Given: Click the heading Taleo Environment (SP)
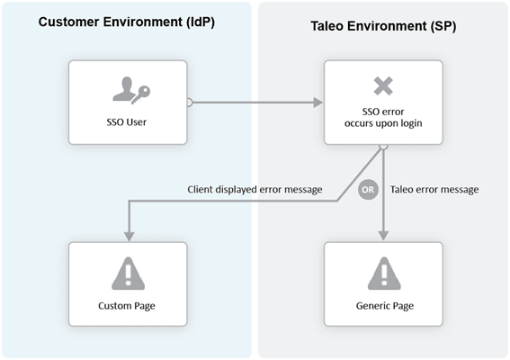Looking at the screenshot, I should click(383, 25).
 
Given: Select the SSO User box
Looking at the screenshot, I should click(129, 102).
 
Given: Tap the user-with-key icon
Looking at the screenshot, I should click(129, 88).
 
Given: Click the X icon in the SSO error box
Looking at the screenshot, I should click(383, 86).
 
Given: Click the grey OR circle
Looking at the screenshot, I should click(367, 191).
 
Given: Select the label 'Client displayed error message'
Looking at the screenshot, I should click(255, 190).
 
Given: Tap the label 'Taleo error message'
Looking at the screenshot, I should click(434, 190).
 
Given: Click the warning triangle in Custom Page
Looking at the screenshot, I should click(129, 271).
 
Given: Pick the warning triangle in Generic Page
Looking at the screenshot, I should click(383, 271).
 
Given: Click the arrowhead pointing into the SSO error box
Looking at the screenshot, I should click(318, 103).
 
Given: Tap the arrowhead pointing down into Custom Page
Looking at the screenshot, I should click(129, 235).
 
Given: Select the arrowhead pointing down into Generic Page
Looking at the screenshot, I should click(383, 235).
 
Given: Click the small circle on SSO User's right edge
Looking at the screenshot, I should click(190, 103).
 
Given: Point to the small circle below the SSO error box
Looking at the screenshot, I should click(383, 146).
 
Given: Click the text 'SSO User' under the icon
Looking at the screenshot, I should click(129, 121).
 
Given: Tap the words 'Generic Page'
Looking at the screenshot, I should click(383, 306).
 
